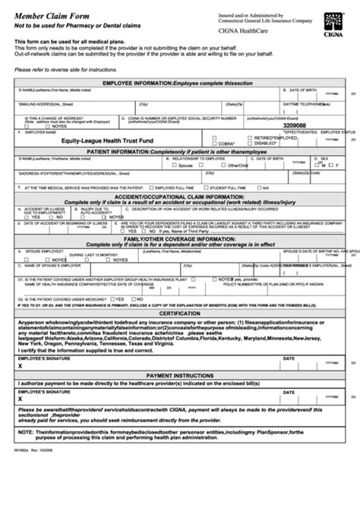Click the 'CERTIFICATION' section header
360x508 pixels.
point(179,292)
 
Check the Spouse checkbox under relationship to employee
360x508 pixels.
point(174,165)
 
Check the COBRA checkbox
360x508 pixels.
point(214,144)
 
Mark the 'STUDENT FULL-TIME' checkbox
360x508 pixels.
point(205,187)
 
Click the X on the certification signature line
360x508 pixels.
point(21,344)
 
